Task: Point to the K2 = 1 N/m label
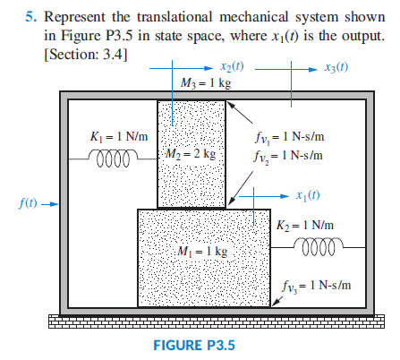306,223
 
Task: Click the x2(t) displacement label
235,68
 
